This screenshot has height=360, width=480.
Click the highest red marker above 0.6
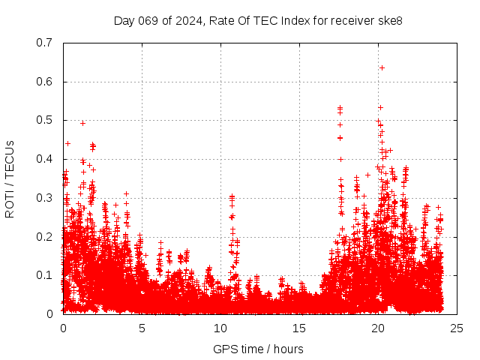[x=382, y=67]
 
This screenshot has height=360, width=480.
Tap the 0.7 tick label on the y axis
[x=46, y=43]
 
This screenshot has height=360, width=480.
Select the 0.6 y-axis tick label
[x=46, y=82]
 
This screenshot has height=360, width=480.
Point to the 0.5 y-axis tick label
[x=46, y=120]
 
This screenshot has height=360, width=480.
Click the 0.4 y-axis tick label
[x=46, y=159]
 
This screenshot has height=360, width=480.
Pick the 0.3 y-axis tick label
[x=46, y=198]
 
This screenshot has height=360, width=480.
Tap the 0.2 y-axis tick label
[x=46, y=236]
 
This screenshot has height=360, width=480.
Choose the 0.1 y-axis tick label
[x=46, y=275]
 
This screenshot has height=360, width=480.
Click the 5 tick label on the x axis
[x=142, y=328]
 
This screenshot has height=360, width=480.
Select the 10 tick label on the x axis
[x=220, y=328]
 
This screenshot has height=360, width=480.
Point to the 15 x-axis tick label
[x=299, y=328]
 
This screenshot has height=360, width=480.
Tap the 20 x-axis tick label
[x=378, y=328]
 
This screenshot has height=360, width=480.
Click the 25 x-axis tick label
[x=457, y=328]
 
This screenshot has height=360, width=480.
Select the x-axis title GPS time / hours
[x=259, y=349]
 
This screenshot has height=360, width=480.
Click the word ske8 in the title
[x=389, y=20]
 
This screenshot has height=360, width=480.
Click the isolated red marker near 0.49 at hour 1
[x=82, y=123]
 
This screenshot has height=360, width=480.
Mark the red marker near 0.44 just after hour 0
[x=67, y=143]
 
